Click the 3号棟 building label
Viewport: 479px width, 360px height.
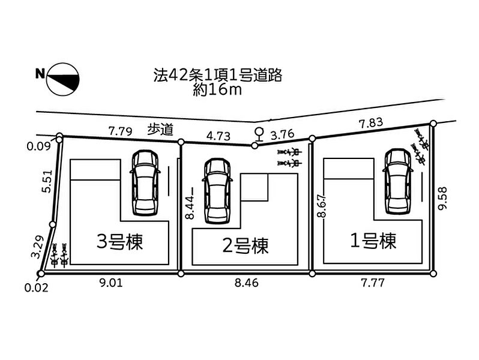pyautogui.click(x=123, y=242)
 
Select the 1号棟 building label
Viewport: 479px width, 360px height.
pyautogui.click(x=373, y=241)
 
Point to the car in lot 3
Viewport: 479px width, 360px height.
pyautogui.click(x=145, y=181)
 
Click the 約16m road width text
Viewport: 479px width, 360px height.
pyautogui.click(x=217, y=90)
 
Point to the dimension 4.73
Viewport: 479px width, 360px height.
pyautogui.click(x=218, y=136)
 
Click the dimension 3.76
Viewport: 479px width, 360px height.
pyautogui.click(x=283, y=134)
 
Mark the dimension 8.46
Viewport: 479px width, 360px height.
pyautogui.click(x=246, y=283)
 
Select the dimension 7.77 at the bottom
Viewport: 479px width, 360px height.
pyautogui.click(x=372, y=283)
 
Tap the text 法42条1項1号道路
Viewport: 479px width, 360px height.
pyautogui.click(x=217, y=76)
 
